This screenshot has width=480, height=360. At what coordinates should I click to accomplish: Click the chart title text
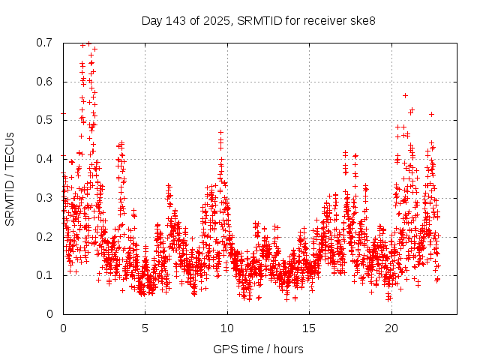point(259,20)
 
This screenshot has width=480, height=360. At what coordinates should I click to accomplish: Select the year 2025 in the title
point(215,20)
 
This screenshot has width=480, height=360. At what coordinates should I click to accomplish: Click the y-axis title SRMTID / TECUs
point(10,178)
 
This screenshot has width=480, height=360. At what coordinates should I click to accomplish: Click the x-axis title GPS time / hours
point(259,349)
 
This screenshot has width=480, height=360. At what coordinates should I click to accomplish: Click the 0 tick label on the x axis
point(63,328)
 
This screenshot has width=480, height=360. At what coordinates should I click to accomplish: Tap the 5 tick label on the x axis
point(145,328)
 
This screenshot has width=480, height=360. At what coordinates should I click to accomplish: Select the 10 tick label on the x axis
point(227,328)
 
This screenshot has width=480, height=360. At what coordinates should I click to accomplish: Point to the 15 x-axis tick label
point(309,328)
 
